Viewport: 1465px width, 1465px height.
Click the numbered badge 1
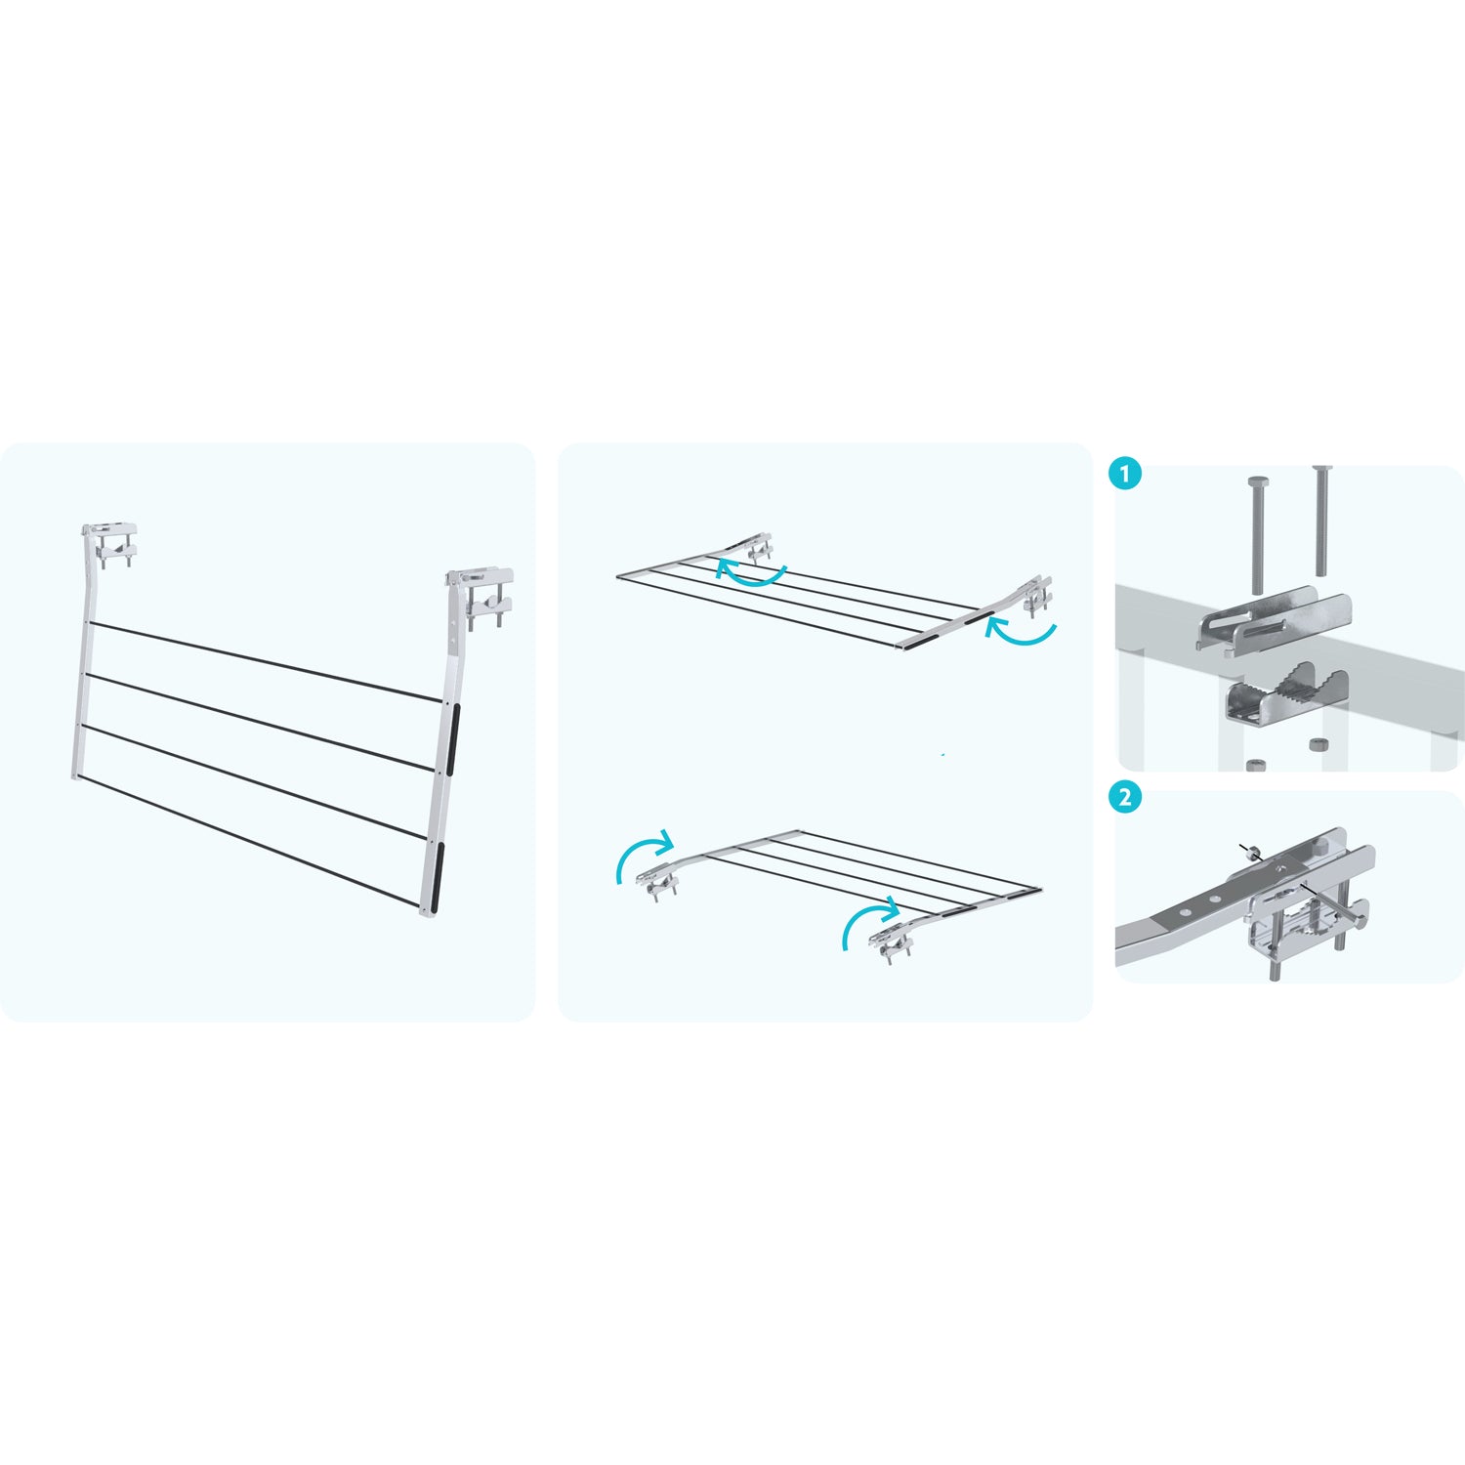pyautogui.click(x=1125, y=476)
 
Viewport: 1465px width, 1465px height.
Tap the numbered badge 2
pyautogui.click(x=1125, y=797)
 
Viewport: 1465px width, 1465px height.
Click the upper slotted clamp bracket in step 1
pyautogui.click(x=1274, y=619)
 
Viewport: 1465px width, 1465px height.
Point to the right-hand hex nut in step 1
pyautogui.click(x=1319, y=744)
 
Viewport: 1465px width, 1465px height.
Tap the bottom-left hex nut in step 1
pyautogui.click(x=1257, y=764)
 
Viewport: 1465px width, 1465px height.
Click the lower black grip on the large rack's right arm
pyautogui.click(x=435, y=871)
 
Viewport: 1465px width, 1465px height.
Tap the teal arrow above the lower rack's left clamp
pyautogui.click(x=640, y=850)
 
